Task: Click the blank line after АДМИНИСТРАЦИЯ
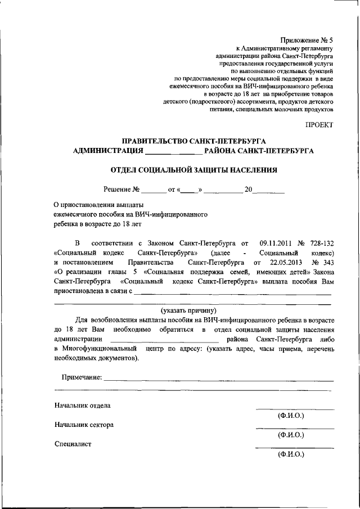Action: pyautogui.click(x=173, y=152)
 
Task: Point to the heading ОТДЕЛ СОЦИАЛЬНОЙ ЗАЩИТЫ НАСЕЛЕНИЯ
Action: pyautogui.click(x=193, y=169)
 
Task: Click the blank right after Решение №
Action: pyautogui.click(x=154, y=191)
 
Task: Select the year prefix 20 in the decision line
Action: pyautogui.click(x=249, y=190)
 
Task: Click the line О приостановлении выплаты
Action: pyautogui.click(x=98, y=205)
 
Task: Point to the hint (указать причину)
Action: pyautogui.click(x=188, y=310)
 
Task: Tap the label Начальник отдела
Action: pyautogui.click(x=83, y=405)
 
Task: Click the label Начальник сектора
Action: pyautogui.click(x=84, y=425)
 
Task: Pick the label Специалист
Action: pyautogui.click(x=73, y=444)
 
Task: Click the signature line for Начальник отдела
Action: pyautogui.click(x=295, y=409)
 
